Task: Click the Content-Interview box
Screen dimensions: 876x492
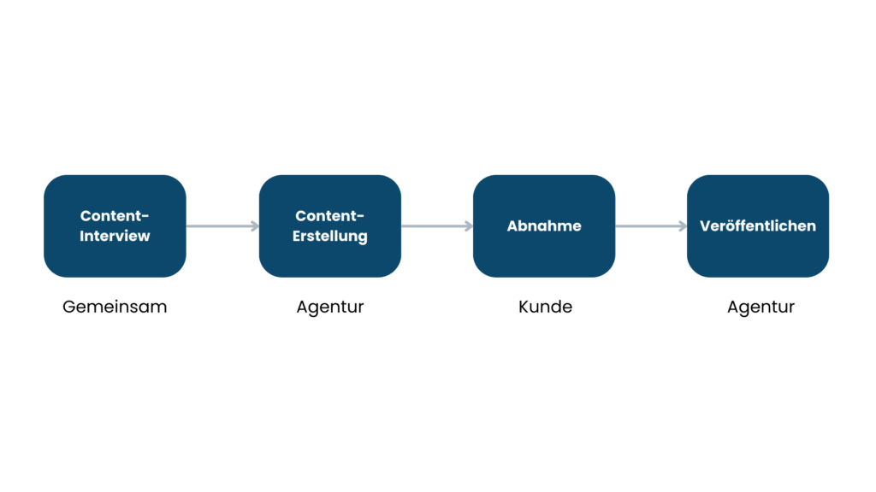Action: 115,225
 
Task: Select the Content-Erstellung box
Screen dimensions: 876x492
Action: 330,225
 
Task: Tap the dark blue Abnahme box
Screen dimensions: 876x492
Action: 544,225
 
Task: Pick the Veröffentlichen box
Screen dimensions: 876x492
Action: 758,225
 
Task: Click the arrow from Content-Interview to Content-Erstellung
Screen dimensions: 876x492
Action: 223,225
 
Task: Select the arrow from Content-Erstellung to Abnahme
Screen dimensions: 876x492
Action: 437,225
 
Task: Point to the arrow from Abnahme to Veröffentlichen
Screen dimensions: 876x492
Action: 651,225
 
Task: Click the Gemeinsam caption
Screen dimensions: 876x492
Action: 115,307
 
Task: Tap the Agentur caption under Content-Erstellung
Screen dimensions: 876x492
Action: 330,307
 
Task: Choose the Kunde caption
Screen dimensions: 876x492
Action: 545,307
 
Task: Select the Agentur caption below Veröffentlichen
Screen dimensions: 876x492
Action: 761,307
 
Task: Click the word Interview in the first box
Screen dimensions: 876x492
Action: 115,236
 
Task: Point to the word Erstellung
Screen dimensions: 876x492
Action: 330,237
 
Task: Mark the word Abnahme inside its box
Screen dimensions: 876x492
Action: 544,225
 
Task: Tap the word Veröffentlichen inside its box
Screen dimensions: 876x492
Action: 758,225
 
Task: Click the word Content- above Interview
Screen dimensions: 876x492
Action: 115,216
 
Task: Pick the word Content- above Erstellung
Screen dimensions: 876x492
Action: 329,216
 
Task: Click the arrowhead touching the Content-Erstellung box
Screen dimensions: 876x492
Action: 255,225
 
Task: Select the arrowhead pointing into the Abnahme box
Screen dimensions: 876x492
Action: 470,225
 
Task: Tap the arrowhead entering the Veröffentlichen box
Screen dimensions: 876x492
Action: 684,225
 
